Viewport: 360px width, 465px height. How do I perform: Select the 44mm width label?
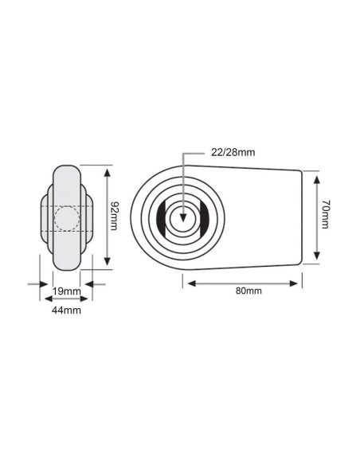tap(65, 309)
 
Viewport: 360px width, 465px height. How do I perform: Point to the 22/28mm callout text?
tap(232, 152)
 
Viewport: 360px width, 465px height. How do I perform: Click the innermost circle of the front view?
tap(183, 217)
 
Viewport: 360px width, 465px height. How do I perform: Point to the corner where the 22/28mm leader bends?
tap(183, 152)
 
